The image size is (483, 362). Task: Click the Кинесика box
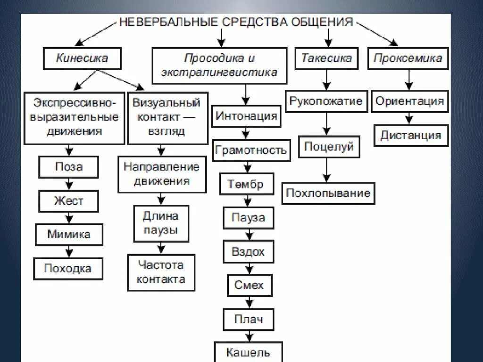[82, 58]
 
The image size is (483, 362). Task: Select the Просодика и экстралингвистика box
[219, 66]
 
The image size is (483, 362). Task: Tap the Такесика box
[326, 58]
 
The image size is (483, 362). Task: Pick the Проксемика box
[408, 58]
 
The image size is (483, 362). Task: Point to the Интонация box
[246, 116]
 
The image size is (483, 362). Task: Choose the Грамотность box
[251, 150]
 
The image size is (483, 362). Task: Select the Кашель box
[248, 352]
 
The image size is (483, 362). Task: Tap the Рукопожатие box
[326, 101]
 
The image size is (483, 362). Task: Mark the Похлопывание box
[328, 193]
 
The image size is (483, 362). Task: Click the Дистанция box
[411, 135]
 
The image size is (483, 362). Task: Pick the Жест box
[69, 201]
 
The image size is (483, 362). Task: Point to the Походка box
[68, 269]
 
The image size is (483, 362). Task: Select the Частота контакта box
[161, 272]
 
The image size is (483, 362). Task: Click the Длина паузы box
[161, 223]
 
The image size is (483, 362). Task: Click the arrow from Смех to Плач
[248, 302]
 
